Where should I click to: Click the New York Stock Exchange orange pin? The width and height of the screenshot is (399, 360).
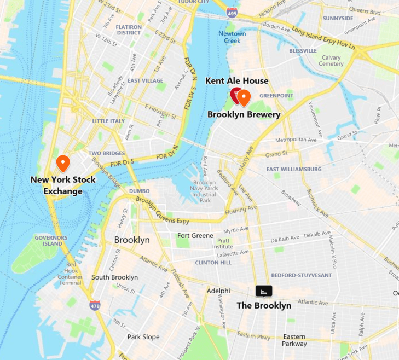63,163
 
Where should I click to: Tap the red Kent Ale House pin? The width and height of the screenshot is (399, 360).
236,95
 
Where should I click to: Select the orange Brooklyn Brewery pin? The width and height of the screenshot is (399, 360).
244,97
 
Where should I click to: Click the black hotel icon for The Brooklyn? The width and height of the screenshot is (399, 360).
264,291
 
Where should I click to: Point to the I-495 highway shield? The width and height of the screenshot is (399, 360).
232,12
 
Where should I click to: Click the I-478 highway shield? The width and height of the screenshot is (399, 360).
95,305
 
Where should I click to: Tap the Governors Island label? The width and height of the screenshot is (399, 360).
50,240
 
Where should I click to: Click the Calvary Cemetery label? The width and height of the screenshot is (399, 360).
331,61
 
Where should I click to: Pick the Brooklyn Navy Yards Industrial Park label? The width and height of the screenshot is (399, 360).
205,191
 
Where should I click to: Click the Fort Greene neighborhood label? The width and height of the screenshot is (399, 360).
195,235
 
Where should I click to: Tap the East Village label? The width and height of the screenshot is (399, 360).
146,80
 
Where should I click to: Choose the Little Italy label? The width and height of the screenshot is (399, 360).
108,121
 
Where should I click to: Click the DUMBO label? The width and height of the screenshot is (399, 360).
139,191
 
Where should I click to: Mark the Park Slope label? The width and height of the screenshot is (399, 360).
143,337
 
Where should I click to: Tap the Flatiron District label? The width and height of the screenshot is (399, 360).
129,30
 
